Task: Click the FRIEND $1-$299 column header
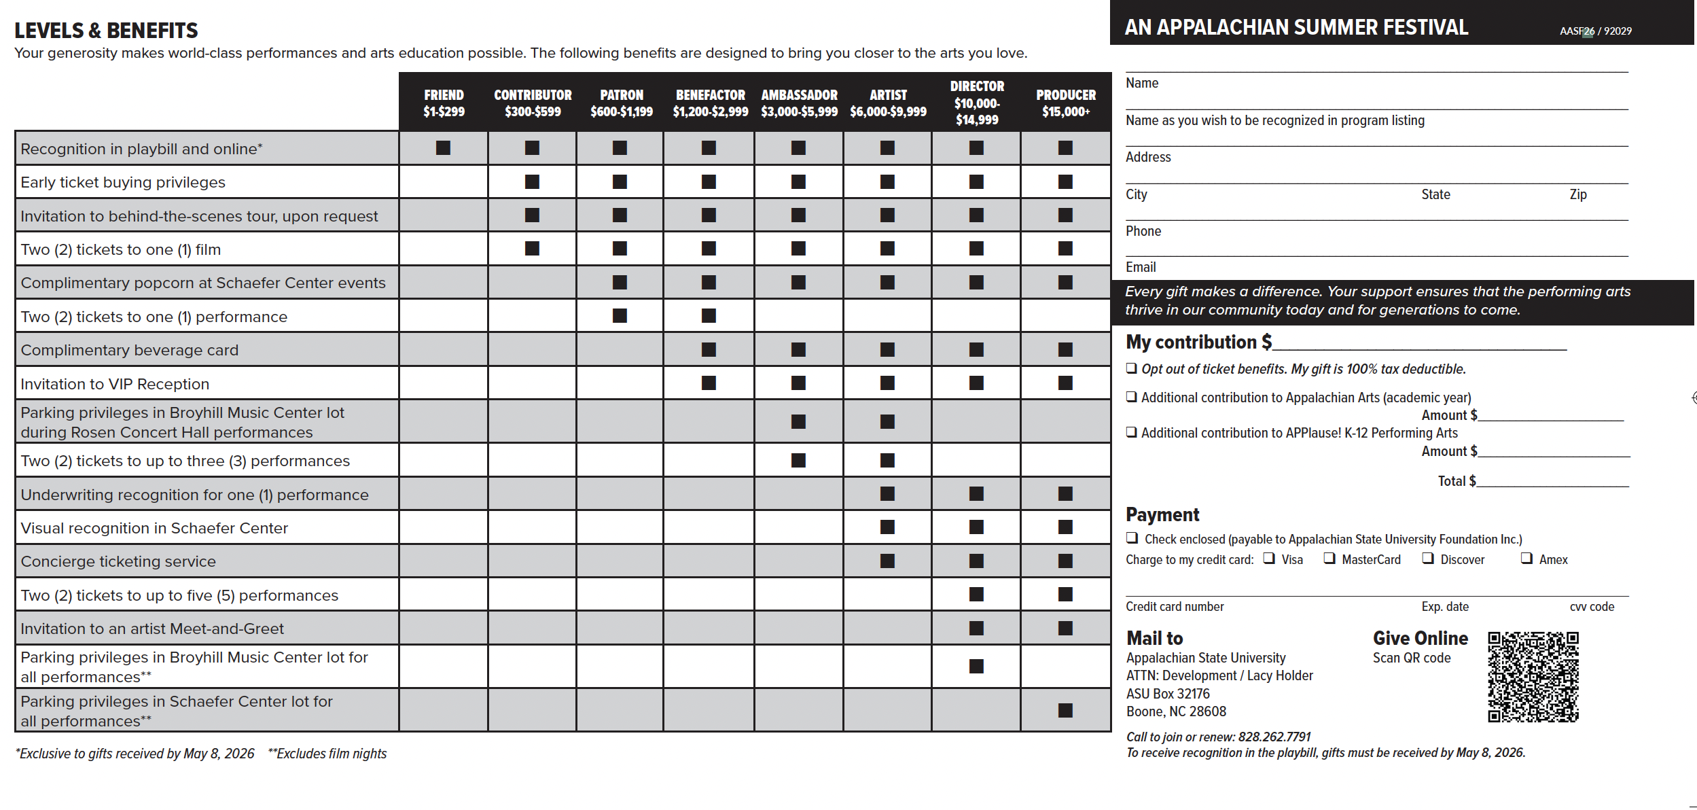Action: pos(444,103)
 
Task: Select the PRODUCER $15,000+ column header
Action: pos(1065,103)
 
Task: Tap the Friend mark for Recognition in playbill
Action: pos(443,148)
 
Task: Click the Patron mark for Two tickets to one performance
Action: pos(620,316)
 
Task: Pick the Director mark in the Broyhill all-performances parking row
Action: pos(976,667)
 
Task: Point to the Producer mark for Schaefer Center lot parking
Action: pos(1065,711)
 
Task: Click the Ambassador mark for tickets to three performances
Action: pos(798,461)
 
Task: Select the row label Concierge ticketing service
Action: pos(118,561)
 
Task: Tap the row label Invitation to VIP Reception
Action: pos(115,384)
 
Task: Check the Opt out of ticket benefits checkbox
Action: pos(1132,368)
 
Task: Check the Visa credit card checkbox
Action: pos(1269,559)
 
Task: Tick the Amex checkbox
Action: pos(1526,559)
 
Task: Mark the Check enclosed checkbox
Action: pos(1132,538)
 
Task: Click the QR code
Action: pos(1533,677)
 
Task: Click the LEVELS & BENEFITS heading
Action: pos(106,31)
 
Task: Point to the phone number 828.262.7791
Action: pos(1274,737)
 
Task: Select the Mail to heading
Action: pos(1154,639)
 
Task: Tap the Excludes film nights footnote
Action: pos(327,754)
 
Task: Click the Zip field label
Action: pos(1578,195)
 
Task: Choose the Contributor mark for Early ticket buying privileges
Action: pos(532,182)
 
